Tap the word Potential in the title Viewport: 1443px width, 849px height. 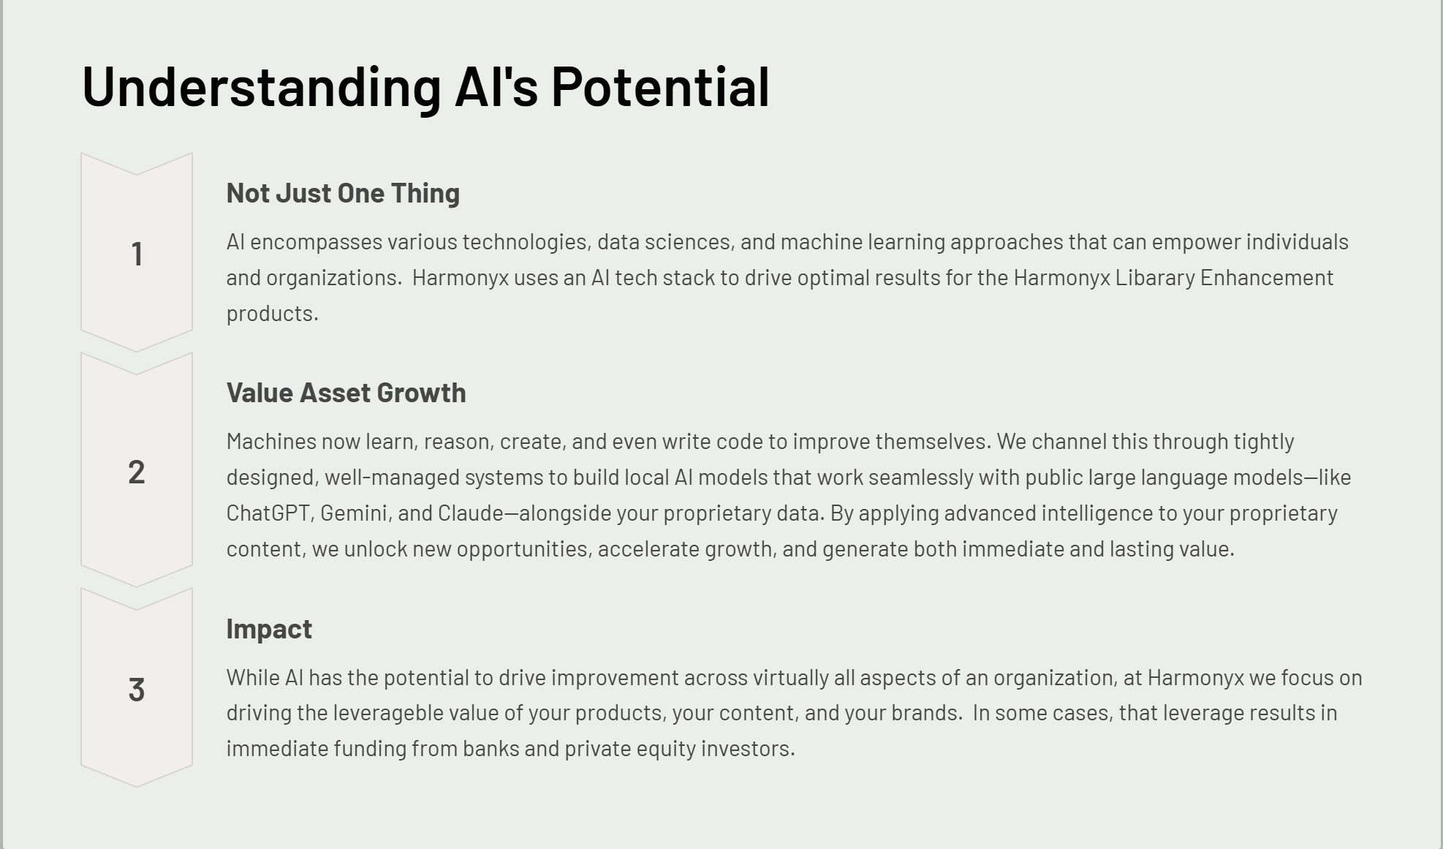tap(660, 86)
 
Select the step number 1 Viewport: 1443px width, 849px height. tap(137, 254)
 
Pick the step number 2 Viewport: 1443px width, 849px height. tap(137, 472)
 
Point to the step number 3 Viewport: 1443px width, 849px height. tap(137, 690)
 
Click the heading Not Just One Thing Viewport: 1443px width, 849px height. tap(343, 193)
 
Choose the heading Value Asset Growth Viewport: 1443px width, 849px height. tap(346, 393)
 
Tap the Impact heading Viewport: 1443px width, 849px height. tap(269, 629)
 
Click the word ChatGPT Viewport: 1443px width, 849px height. tap(268, 513)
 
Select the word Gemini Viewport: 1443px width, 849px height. tap(354, 513)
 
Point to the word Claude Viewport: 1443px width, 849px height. tap(470, 513)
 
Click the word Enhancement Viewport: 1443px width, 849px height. tap(1267, 278)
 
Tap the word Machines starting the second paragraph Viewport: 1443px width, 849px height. tap(271, 442)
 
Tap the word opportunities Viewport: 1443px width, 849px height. tap(523, 550)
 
